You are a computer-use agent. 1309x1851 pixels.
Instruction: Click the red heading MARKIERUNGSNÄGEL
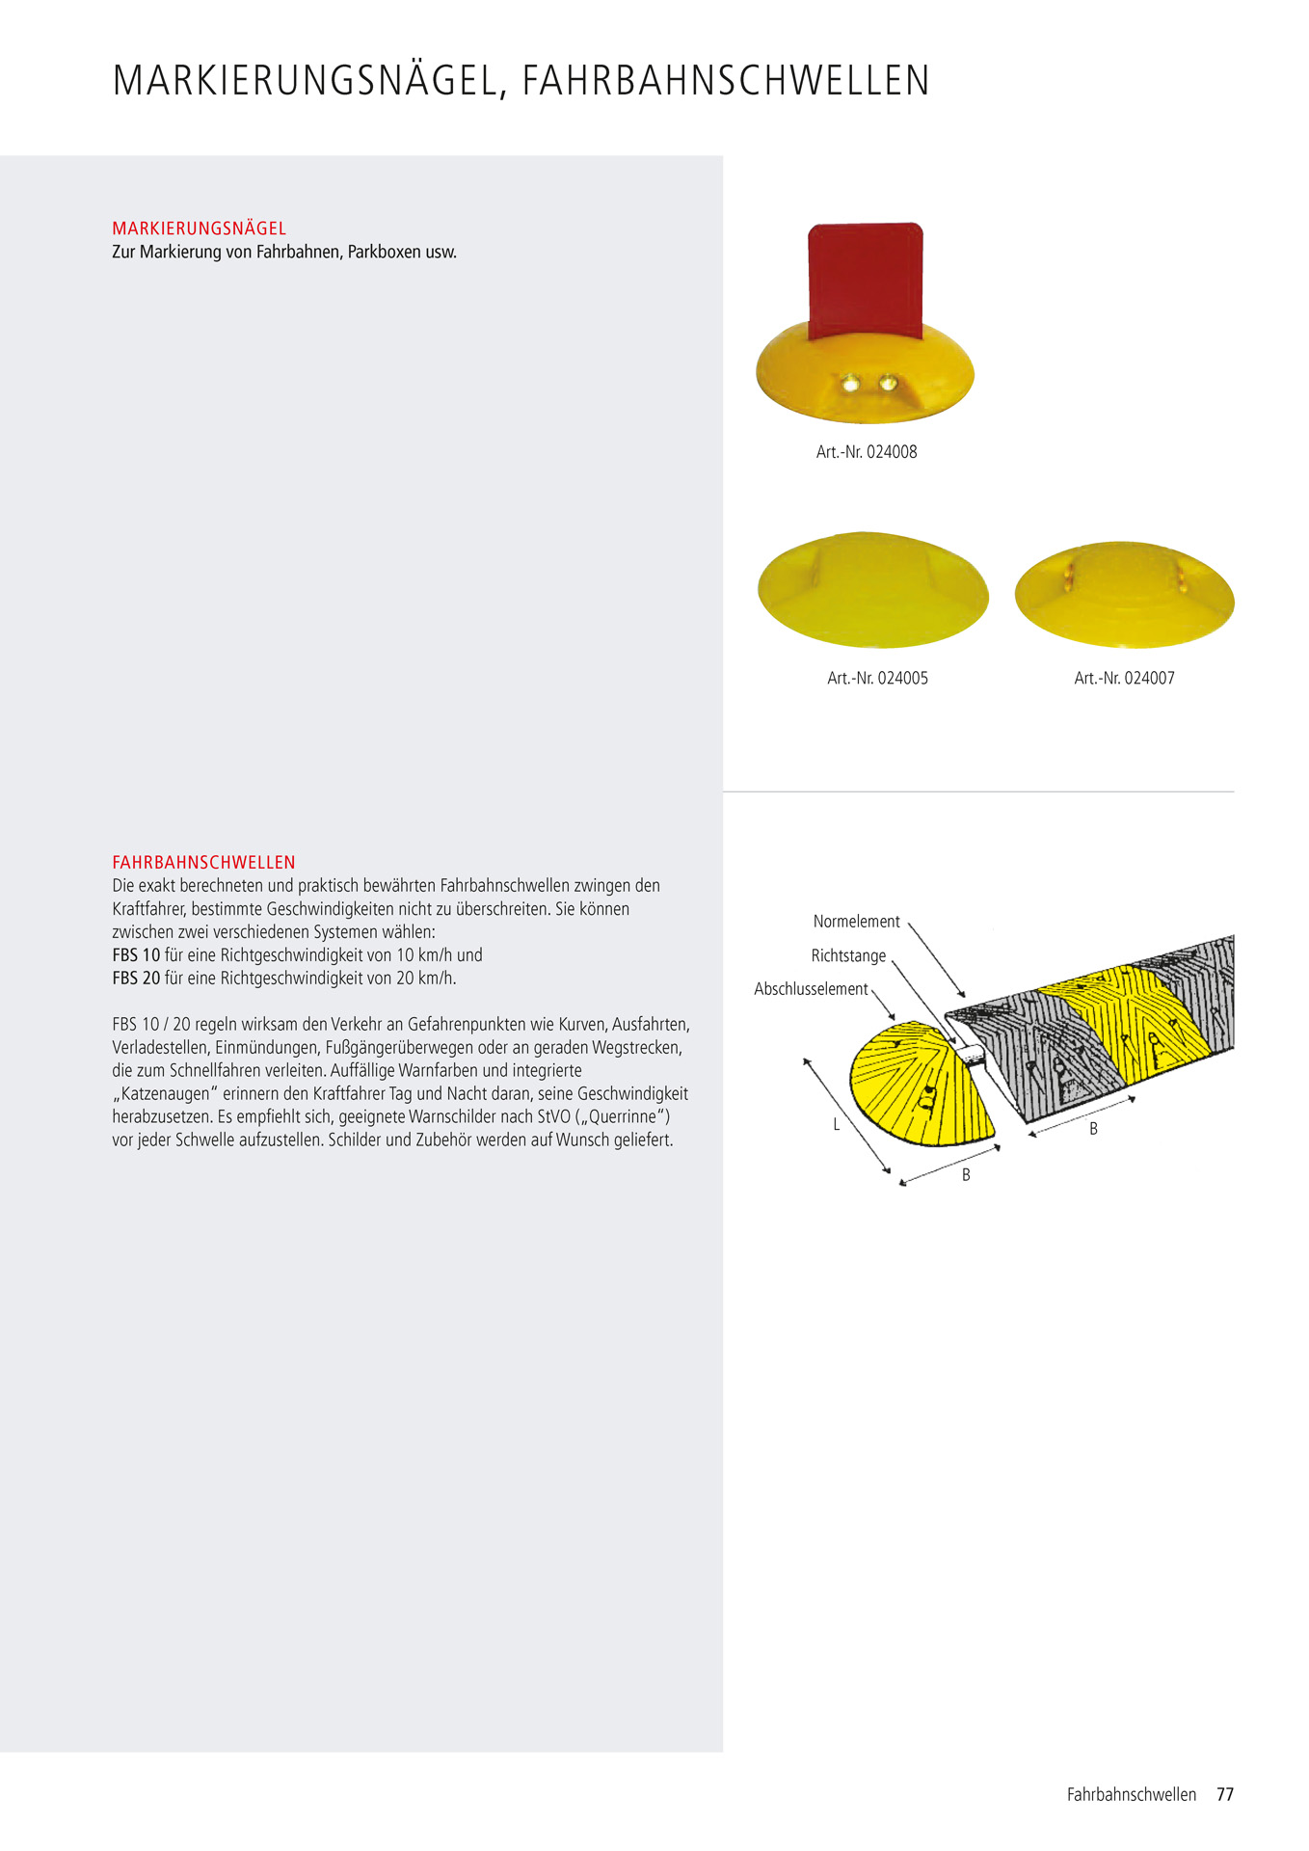pyautogui.click(x=200, y=228)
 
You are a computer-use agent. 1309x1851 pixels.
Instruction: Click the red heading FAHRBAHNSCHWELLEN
pyautogui.click(x=203, y=862)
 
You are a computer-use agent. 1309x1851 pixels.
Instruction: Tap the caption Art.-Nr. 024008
pyautogui.click(x=866, y=451)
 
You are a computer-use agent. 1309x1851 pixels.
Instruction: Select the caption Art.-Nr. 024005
pyautogui.click(x=877, y=678)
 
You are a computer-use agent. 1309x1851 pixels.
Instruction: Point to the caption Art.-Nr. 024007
pyautogui.click(x=1124, y=678)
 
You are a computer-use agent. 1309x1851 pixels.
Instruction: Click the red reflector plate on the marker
pyautogui.click(x=865, y=280)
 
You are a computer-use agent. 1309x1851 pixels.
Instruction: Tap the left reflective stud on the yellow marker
pyautogui.click(x=851, y=385)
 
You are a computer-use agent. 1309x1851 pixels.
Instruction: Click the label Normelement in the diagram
pyautogui.click(x=856, y=921)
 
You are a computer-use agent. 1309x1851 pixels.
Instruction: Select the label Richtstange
pyautogui.click(x=848, y=955)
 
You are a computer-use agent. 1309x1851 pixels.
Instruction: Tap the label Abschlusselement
pyautogui.click(x=811, y=989)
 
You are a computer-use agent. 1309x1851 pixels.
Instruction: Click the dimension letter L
pyautogui.click(x=837, y=1124)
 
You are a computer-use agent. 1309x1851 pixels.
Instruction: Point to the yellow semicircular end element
pyautogui.click(x=916, y=1085)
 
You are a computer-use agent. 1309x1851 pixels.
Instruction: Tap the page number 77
pyautogui.click(x=1225, y=1794)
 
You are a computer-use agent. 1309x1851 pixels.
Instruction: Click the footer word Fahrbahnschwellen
pyautogui.click(x=1131, y=1794)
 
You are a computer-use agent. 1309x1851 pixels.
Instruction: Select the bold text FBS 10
pyautogui.click(x=136, y=954)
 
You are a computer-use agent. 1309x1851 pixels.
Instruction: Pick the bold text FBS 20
pyautogui.click(x=136, y=978)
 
